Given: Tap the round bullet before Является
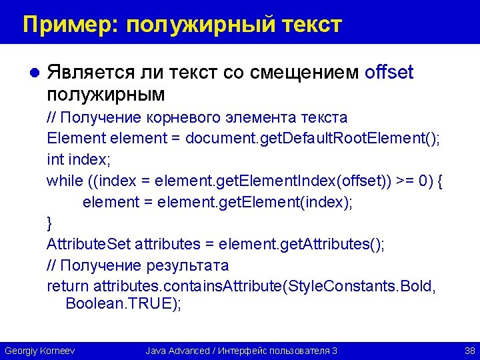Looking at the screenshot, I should (37, 73).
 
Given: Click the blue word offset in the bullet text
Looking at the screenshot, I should (389, 72).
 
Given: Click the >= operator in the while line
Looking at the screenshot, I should (405, 181).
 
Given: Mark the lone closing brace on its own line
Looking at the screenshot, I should (49, 223).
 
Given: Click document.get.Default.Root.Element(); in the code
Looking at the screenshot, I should (313, 139).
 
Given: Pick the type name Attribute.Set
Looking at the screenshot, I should (89, 244).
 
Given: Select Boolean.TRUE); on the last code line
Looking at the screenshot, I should (123, 304).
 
